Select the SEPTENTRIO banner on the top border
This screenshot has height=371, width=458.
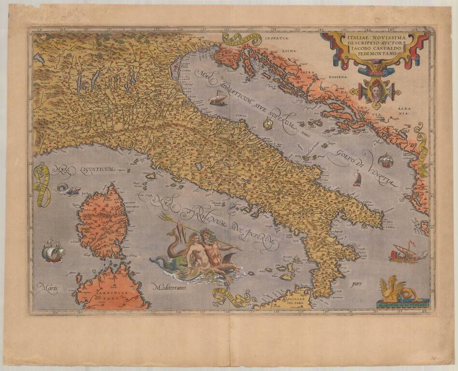click(x=242, y=39)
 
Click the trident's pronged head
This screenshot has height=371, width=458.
click(x=163, y=218)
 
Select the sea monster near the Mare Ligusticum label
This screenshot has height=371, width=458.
click(x=68, y=189)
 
